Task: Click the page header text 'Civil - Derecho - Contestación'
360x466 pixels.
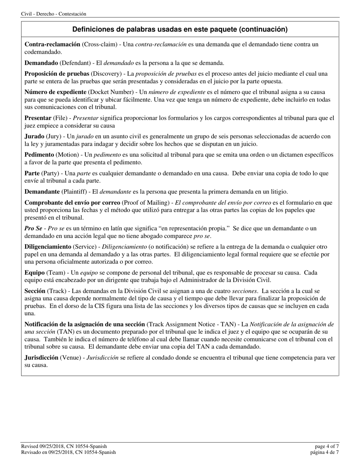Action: pos(53,14)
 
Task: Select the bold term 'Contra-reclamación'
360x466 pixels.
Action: pos(52,44)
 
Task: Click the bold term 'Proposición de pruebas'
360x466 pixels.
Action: pos(57,73)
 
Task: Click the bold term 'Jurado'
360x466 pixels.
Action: pos(34,136)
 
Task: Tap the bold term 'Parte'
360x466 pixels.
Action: pos(32,173)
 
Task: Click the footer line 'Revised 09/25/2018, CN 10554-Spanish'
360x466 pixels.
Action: pos(64,446)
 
